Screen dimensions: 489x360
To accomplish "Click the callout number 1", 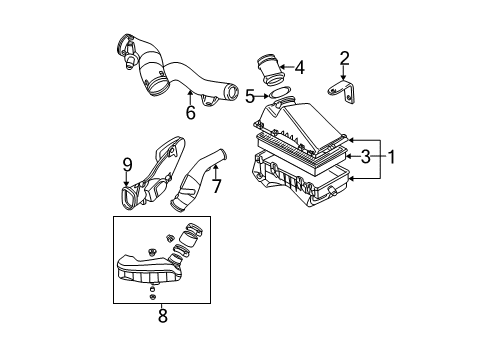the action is click(391, 157).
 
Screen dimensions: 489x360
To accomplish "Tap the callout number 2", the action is click(344, 58).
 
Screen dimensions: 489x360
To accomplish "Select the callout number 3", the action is click(366, 156).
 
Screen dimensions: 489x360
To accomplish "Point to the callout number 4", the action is click(300, 67).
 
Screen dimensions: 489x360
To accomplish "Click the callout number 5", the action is click(250, 96).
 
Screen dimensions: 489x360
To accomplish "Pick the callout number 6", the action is click(191, 112).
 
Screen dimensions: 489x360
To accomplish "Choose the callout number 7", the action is click(217, 186).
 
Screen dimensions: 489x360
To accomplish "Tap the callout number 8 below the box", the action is click(162, 315).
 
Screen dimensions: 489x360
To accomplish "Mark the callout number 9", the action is click(127, 165).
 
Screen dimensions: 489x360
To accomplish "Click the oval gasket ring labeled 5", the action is click(280, 93).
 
